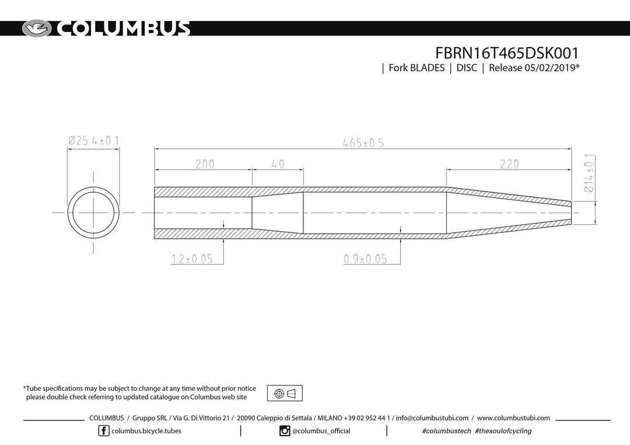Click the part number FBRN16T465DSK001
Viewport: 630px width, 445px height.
(507, 53)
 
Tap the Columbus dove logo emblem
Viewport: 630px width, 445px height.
(37, 29)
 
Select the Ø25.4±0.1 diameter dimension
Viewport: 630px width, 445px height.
(93, 141)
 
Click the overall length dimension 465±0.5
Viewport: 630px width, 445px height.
(363, 143)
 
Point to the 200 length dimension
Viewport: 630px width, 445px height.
(205, 164)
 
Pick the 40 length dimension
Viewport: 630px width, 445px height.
(278, 164)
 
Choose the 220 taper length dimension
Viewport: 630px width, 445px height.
(509, 164)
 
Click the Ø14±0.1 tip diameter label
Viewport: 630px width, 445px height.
(589, 173)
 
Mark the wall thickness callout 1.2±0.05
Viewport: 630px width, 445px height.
(192, 259)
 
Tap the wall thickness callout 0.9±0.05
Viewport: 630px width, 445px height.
(365, 259)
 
